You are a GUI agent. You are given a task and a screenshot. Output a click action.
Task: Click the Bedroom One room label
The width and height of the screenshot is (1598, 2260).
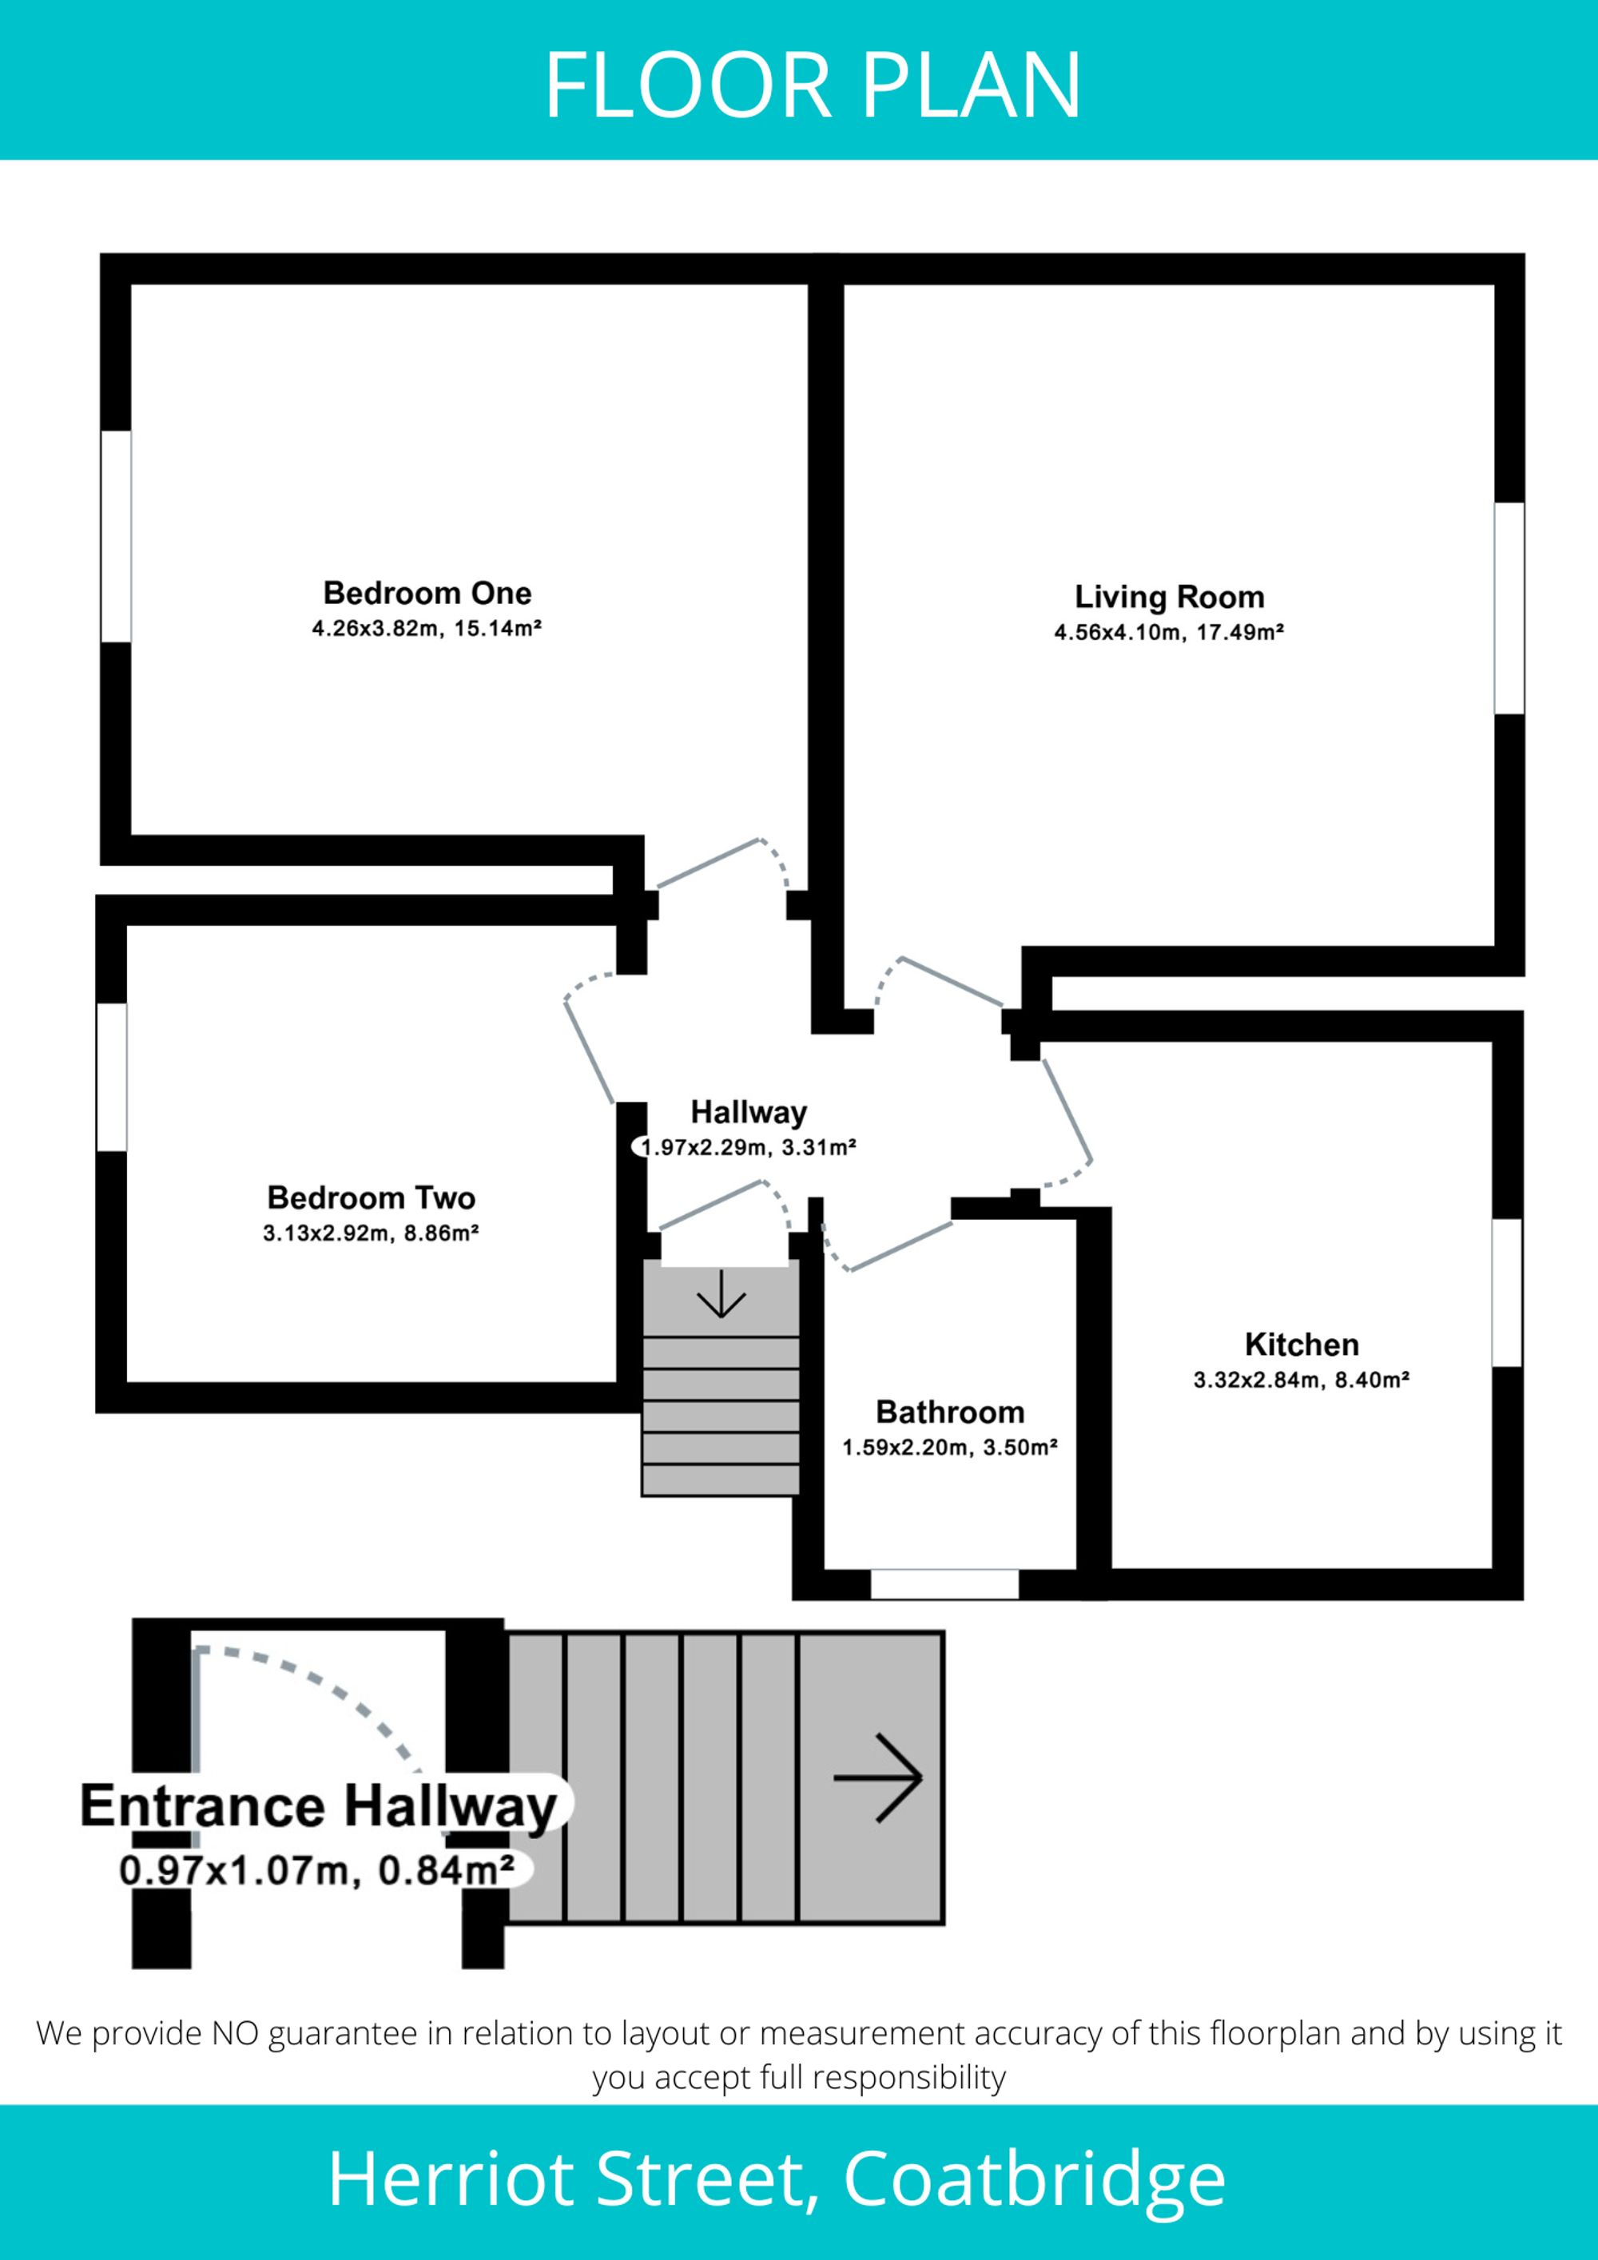click(427, 593)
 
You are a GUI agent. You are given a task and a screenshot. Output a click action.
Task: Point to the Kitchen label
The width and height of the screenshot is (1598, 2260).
click(1302, 1344)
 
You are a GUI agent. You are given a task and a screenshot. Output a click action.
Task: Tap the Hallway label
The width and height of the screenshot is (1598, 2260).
click(749, 1112)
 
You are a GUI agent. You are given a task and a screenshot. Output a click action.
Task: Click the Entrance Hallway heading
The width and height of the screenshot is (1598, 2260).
click(319, 1806)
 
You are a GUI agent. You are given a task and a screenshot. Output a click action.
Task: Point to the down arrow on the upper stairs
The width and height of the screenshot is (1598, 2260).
click(721, 1293)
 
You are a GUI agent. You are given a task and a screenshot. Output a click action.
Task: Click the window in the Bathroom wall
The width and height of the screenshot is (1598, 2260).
click(944, 1585)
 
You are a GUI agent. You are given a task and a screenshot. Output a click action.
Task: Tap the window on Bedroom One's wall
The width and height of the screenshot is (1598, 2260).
click(116, 537)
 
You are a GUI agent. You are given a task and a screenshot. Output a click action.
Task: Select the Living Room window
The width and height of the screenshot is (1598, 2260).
click(1509, 608)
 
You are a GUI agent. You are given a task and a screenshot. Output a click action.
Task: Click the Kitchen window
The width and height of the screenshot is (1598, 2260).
click(1508, 1293)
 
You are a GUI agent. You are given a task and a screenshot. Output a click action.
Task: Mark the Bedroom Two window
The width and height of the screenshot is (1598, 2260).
click(111, 1077)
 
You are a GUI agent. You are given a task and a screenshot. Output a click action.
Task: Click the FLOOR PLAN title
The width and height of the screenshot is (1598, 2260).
click(813, 85)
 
